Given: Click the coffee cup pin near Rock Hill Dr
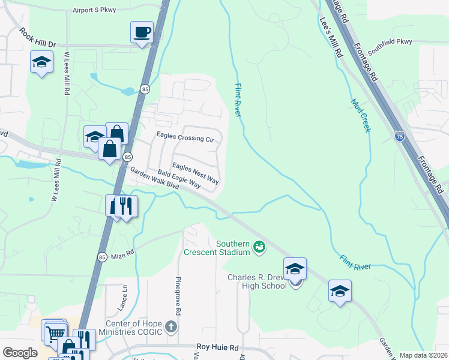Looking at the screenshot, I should coord(142,32).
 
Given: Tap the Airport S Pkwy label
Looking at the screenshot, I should coord(94,10).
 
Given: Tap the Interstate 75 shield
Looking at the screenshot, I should coord(400,137).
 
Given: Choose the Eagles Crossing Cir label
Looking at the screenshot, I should coord(185,137).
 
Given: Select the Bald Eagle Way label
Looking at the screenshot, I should coord(179,180).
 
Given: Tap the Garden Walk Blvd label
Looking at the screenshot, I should coord(155,178).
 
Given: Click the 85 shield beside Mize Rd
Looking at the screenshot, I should coord(102,257).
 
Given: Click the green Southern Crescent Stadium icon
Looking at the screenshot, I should coord(259,247).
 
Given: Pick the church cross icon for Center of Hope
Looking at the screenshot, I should coord(171,327).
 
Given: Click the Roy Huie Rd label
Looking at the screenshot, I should coord(218,347).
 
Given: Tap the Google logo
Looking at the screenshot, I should coord(20,353).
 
